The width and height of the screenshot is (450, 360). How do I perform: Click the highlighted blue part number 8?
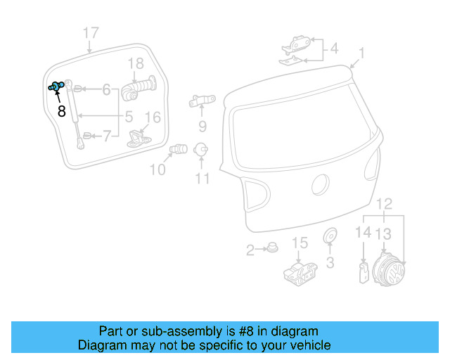pyautogui.click(x=56, y=86)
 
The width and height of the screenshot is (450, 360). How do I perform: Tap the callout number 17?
pyautogui.click(x=91, y=33)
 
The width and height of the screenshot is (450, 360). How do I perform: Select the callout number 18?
pyautogui.click(x=136, y=66)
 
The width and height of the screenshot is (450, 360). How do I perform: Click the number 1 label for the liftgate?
pyautogui.click(x=361, y=53)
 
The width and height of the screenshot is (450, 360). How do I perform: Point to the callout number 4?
pyautogui.click(x=334, y=49)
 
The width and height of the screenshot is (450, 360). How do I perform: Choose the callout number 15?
pyautogui.click(x=300, y=243)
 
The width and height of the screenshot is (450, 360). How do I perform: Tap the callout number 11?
pyautogui.click(x=202, y=179)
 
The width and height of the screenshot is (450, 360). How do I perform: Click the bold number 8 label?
pyautogui.click(x=61, y=110)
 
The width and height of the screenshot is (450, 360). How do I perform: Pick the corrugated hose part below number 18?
pyautogui.click(x=139, y=89)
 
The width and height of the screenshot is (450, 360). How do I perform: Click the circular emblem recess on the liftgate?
pyautogui.click(x=321, y=185)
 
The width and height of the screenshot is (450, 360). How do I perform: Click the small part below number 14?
pyautogui.click(x=363, y=271)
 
